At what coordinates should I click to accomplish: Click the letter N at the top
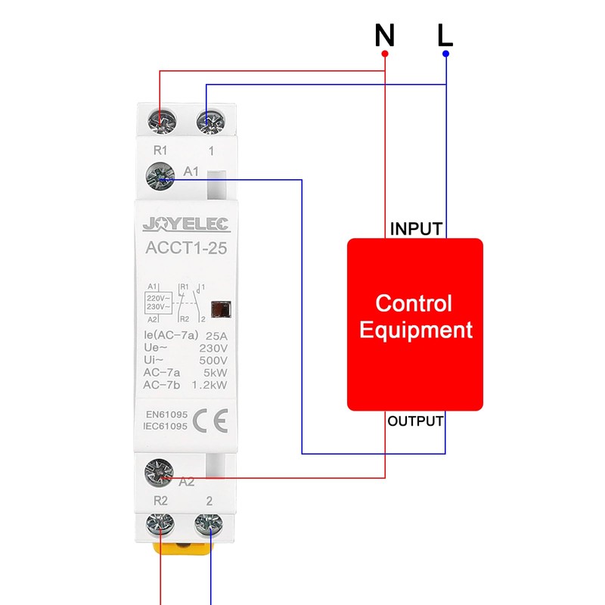(x=385, y=35)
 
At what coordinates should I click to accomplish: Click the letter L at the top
(x=445, y=35)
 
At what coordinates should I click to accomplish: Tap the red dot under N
(x=385, y=54)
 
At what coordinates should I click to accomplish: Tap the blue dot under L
(x=446, y=54)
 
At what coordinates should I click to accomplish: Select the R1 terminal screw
(x=160, y=120)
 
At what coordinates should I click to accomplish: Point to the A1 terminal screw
(x=160, y=177)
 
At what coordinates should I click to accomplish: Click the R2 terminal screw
(x=160, y=523)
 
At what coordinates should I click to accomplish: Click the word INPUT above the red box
(x=415, y=229)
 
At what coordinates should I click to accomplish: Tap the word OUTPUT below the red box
(x=415, y=421)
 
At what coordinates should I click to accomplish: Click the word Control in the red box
(x=414, y=304)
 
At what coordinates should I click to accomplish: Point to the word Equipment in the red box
(x=415, y=330)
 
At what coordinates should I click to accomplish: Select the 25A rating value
(x=215, y=336)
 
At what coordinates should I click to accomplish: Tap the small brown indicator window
(x=221, y=309)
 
